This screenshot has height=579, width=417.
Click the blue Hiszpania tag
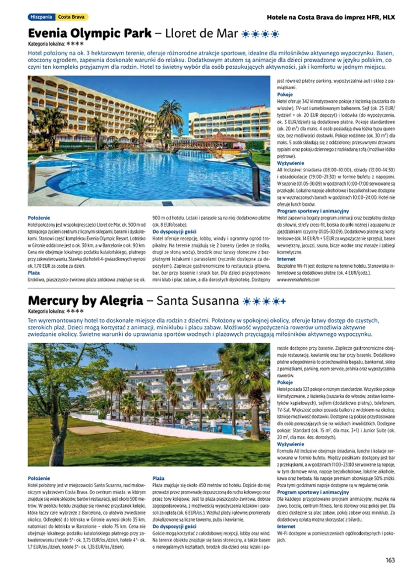click(x=42, y=17)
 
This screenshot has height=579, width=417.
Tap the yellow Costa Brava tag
click(x=71, y=17)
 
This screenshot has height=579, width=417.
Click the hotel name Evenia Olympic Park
click(x=90, y=33)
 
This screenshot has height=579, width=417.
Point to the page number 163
click(x=390, y=560)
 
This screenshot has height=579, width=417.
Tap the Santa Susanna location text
click(x=197, y=301)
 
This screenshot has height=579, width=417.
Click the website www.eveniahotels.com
click(x=298, y=280)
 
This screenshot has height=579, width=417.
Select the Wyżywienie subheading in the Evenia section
click(x=290, y=164)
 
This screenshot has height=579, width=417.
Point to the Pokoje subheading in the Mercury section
click(x=285, y=382)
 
